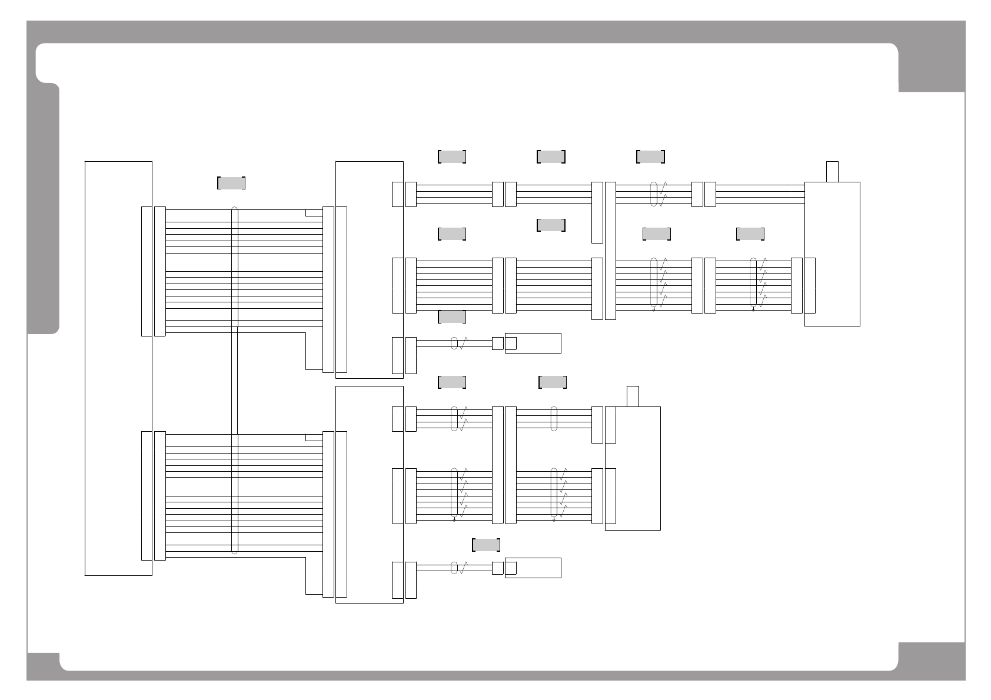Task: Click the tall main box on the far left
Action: click(118, 368)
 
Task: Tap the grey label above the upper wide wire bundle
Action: click(231, 183)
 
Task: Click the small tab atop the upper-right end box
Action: click(832, 171)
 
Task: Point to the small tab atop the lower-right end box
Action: click(633, 396)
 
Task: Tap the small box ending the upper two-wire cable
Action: click(533, 343)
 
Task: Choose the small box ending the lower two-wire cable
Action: click(533, 568)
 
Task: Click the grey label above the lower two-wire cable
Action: click(486, 545)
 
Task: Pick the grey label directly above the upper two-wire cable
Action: click(452, 317)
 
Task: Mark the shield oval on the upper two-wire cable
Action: click(454, 343)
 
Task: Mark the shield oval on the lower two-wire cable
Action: click(454, 568)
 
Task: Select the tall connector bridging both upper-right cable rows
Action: click(610, 251)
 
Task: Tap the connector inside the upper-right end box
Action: click(810, 285)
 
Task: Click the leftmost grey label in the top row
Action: click(452, 156)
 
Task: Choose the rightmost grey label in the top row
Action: click(650, 156)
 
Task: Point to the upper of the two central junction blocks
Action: click(370, 269)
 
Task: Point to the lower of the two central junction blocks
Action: click(370, 494)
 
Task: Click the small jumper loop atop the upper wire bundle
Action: click(314, 212)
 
